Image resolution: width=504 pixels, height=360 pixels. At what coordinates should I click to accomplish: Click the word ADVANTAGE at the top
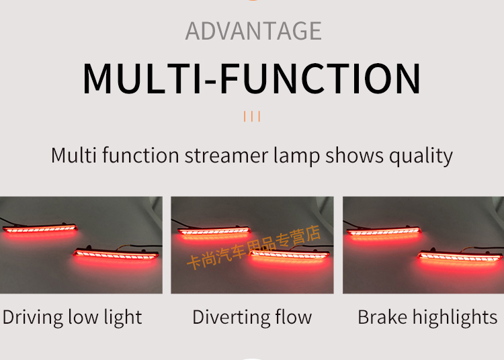coord(253,31)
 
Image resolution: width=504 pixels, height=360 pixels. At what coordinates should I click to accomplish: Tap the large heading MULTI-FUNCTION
coord(252,79)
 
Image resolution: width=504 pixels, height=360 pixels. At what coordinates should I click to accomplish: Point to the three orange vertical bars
coord(252,116)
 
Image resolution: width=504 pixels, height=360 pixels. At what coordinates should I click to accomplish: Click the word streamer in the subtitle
coord(226,156)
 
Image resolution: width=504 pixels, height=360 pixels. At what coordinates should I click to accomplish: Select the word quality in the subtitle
coord(421,156)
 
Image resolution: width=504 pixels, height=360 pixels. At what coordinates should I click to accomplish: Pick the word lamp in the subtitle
coord(296,156)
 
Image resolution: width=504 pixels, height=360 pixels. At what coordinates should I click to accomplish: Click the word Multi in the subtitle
coord(74,155)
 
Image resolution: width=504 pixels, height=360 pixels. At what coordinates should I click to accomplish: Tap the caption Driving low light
coord(73,318)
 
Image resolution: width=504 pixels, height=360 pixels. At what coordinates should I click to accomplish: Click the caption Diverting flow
coord(252,318)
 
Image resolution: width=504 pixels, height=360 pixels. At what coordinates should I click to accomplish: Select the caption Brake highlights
coord(427,318)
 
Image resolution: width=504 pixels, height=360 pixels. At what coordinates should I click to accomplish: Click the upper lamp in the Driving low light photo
coord(40,228)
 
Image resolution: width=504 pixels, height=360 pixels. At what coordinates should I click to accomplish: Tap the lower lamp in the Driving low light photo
coord(116,254)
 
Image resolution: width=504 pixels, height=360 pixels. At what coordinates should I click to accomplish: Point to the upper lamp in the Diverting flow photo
coord(214,230)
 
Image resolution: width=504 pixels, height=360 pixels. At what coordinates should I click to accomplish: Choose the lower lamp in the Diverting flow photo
coord(290,255)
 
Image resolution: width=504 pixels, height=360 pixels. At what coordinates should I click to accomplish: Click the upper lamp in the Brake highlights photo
coord(384,231)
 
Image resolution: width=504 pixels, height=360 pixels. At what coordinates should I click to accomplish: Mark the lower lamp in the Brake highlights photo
coord(460,257)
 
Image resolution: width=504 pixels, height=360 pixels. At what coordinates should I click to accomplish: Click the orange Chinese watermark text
coord(253,247)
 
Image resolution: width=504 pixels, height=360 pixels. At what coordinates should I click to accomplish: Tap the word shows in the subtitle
coord(354,156)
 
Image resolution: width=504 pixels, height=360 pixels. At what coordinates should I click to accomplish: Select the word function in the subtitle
coord(140,156)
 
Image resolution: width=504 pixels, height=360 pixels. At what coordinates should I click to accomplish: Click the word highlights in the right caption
coord(455,318)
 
